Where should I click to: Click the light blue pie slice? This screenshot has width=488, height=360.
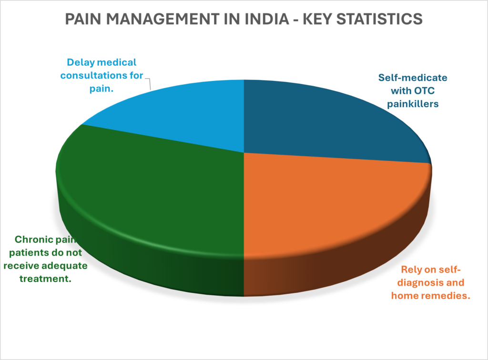click(181, 114)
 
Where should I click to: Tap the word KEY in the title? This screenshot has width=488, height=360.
click(317, 19)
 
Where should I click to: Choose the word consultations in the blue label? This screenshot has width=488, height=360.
click(106, 75)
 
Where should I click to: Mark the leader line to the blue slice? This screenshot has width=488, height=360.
click(148, 84)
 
